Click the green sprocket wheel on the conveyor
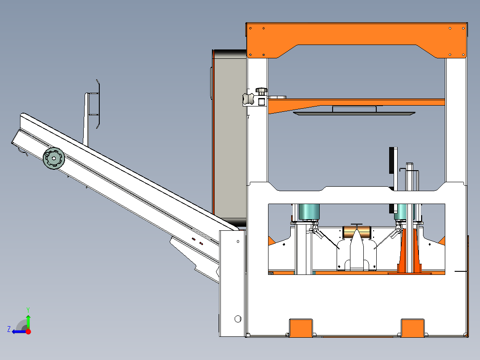click(54, 158)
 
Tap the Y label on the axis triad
click(28, 309)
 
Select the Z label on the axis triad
click(9, 329)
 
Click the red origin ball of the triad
click(28, 331)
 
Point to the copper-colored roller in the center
click(357, 232)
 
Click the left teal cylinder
click(308, 211)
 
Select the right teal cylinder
click(403, 211)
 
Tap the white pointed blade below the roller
click(357, 254)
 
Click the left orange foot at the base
click(301, 328)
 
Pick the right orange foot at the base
click(413, 328)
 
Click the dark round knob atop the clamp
click(261, 91)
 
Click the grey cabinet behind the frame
click(229, 134)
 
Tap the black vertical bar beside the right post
click(392, 160)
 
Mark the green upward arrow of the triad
click(28, 320)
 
